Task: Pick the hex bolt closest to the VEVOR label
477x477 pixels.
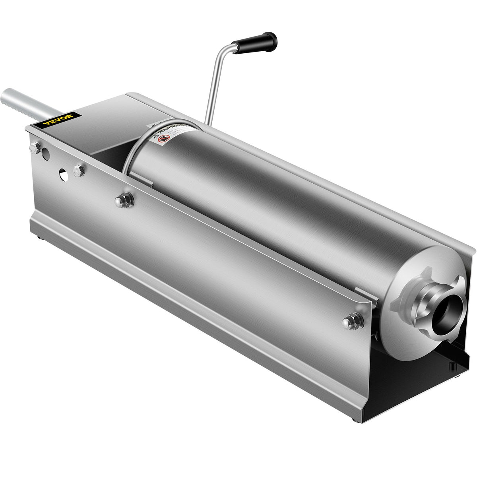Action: (35, 148)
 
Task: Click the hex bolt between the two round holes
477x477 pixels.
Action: (79, 171)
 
